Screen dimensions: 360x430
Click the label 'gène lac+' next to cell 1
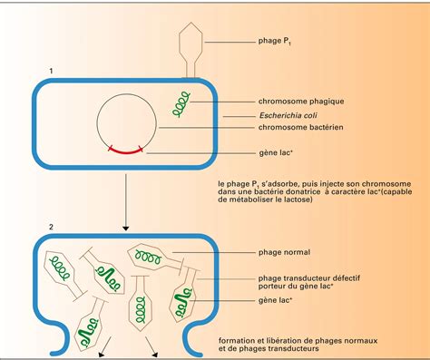click(276, 155)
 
